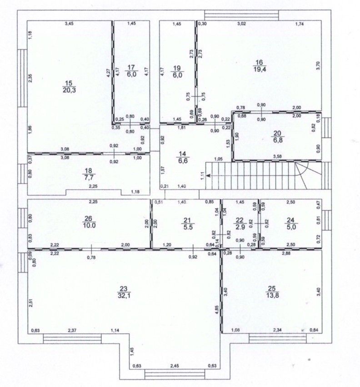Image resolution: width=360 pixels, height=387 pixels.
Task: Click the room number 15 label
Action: tap(69, 84)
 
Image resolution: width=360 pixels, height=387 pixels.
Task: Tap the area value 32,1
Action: tap(124, 295)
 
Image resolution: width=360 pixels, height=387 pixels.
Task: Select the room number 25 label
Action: tap(272, 288)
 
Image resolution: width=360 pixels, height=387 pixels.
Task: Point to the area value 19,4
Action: tap(260, 69)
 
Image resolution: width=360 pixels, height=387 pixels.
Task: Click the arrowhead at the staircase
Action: tap(209, 175)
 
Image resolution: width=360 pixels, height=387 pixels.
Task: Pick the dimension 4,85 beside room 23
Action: tap(216, 310)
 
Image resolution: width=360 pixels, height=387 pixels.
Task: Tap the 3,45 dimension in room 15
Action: tap(69, 24)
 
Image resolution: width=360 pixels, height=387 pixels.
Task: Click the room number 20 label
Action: tap(277, 133)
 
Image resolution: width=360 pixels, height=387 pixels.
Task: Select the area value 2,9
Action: tap(240, 226)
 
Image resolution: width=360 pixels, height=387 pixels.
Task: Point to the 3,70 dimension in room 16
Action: tap(318, 65)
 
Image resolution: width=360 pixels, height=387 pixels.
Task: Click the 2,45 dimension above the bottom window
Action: tap(175, 366)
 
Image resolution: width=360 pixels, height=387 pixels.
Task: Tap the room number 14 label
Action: tap(182, 154)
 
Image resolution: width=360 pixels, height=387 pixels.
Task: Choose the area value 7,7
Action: tap(88, 177)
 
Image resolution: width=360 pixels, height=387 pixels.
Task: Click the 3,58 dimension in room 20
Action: tap(278, 156)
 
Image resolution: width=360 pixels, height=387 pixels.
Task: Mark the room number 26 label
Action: tap(88, 218)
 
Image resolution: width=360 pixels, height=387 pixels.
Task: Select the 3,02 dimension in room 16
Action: tap(241, 24)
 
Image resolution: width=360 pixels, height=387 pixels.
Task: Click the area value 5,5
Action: tap(188, 227)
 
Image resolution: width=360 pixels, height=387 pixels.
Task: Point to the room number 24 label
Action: tap(291, 220)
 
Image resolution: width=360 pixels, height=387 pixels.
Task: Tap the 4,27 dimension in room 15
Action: tap(108, 74)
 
